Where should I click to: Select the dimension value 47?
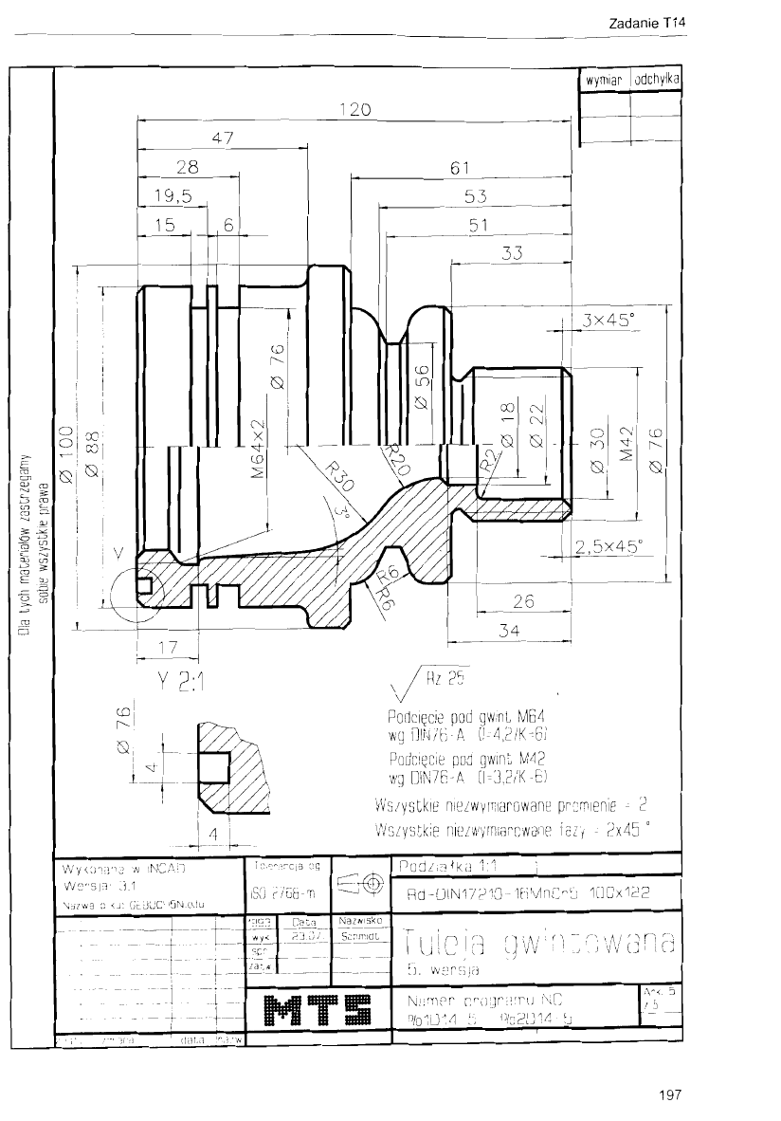pos(224,138)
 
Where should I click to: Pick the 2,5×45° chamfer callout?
pos(608,545)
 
